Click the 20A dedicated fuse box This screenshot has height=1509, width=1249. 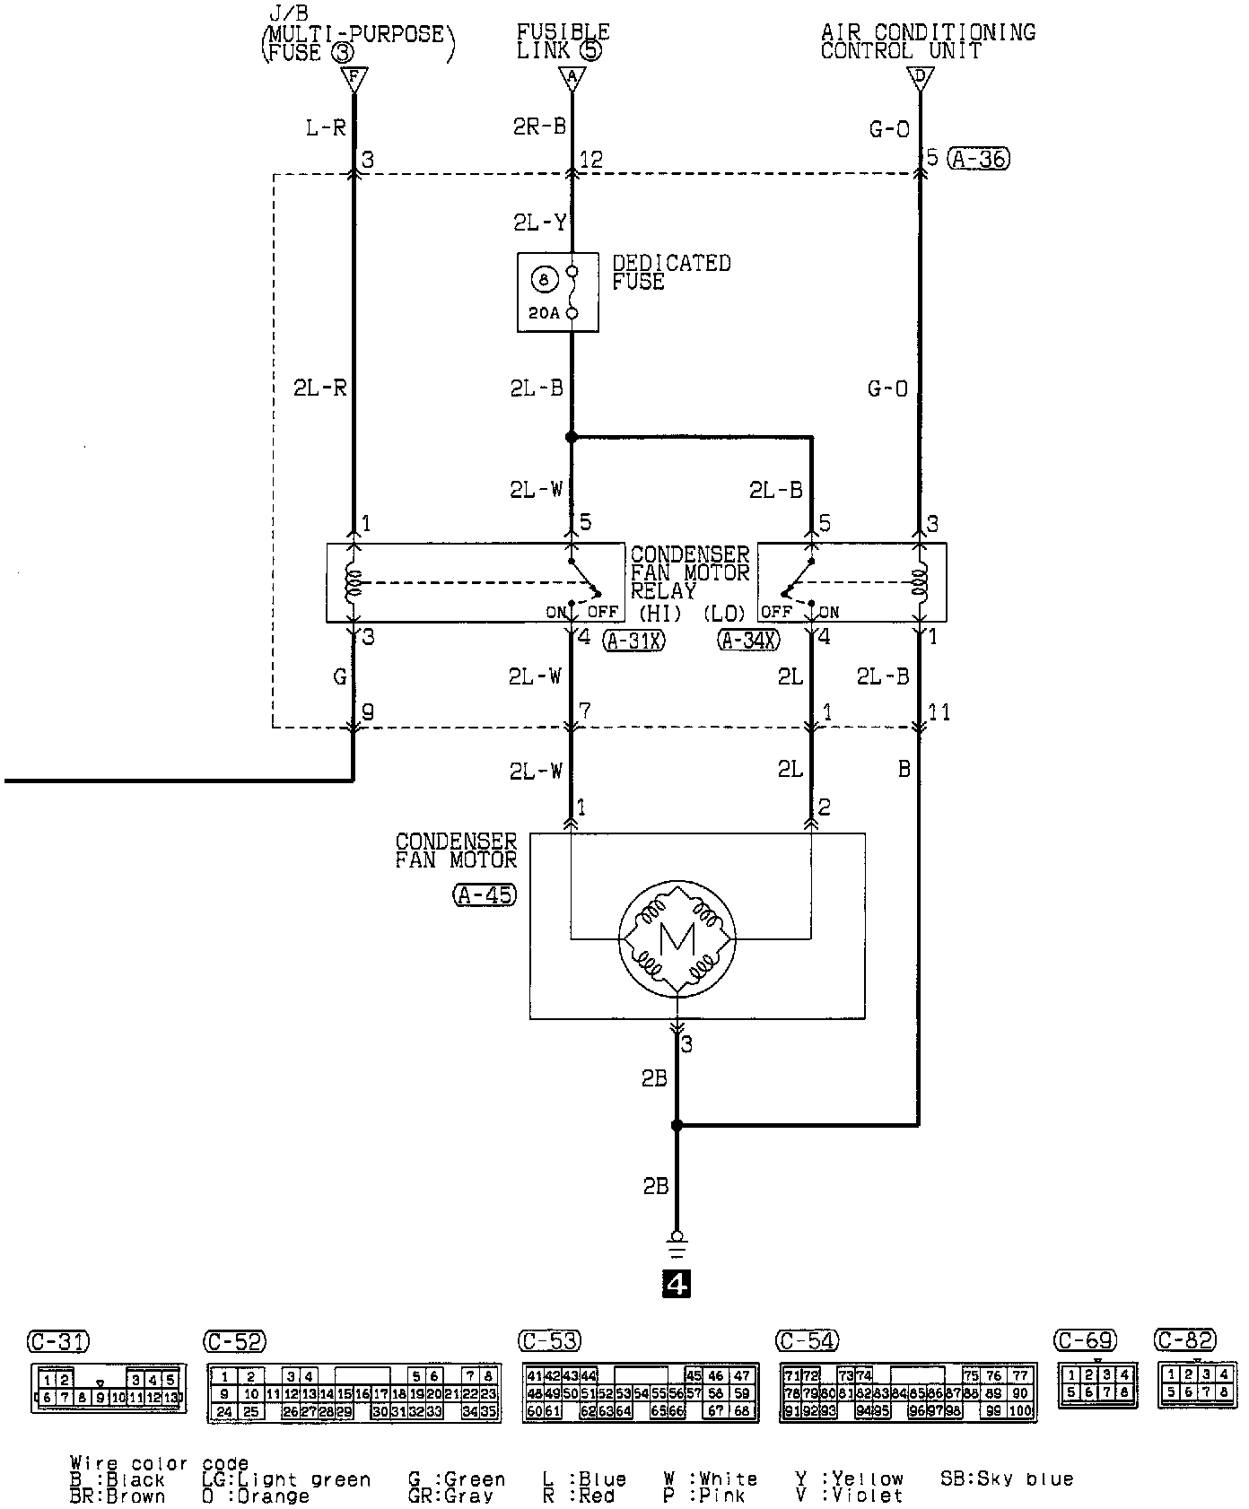coord(557,292)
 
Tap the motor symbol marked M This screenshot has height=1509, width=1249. coord(677,938)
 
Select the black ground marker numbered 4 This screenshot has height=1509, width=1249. coord(676,1285)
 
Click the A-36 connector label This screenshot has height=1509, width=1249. coord(979,160)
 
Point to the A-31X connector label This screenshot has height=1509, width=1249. coord(634,640)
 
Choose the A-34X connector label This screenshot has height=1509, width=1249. coord(748,640)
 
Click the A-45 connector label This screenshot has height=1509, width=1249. coord(485,894)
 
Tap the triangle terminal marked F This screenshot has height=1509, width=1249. coord(354,79)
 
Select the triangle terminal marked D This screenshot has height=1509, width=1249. coord(918,79)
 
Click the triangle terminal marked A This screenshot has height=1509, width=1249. coord(572,79)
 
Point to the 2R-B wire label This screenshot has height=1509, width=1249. coord(540,126)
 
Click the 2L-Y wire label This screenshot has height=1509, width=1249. coord(540,222)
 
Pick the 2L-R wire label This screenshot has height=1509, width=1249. coord(319,388)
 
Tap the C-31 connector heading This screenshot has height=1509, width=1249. coord(58,1342)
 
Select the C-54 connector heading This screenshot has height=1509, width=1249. coord(807,1341)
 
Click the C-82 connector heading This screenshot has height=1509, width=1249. coord(1185,1340)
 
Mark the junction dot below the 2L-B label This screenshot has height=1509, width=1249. coord(572,438)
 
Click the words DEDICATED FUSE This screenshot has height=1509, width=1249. coord(671,272)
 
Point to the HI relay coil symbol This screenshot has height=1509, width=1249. coord(354,583)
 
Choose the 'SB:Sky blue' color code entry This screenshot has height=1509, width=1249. coord(1006,1478)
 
